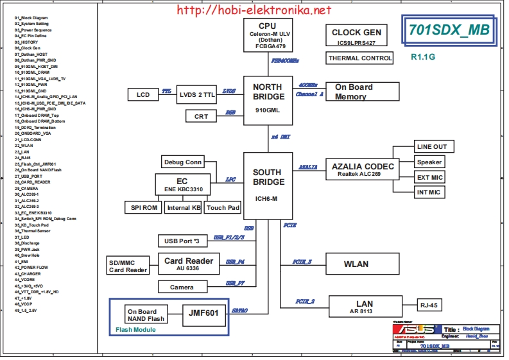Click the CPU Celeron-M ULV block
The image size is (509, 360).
(x=268, y=35)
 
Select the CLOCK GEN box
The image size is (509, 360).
(x=356, y=37)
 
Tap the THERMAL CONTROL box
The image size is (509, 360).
(x=360, y=58)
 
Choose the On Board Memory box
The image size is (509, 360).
(x=363, y=92)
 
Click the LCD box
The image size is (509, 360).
(x=143, y=95)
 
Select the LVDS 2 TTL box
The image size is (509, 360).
(x=197, y=94)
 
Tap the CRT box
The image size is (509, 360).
(x=201, y=116)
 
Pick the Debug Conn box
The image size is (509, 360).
(x=182, y=162)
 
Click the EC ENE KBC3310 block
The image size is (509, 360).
(x=182, y=185)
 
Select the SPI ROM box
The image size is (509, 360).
(x=143, y=208)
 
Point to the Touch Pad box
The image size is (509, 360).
(x=223, y=208)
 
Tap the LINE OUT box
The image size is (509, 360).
(x=431, y=147)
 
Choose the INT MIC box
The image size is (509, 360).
(x=429, y=193)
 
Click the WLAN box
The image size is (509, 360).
(x=356, y=264)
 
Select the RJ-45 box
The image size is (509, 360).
(x=429, y=305)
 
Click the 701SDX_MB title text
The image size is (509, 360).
(x=449, y=30)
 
